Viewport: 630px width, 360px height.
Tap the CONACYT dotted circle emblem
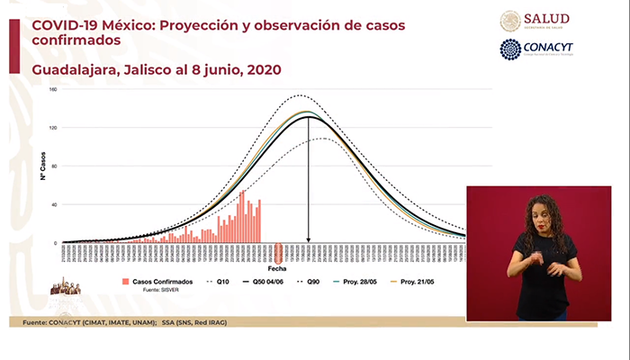point(510,49)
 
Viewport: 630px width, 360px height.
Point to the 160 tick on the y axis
point(53,89)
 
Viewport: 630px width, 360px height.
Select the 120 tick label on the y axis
point(53,128)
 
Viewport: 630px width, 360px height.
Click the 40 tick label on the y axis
point(53,204)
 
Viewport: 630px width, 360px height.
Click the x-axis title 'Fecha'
point(277,268)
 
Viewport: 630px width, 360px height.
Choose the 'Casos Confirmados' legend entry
point(158,282)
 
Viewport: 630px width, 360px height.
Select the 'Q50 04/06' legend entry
point(273,282)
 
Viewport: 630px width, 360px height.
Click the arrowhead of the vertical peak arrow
point(309,239)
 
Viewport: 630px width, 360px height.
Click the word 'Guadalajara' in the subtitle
point(71,69)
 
